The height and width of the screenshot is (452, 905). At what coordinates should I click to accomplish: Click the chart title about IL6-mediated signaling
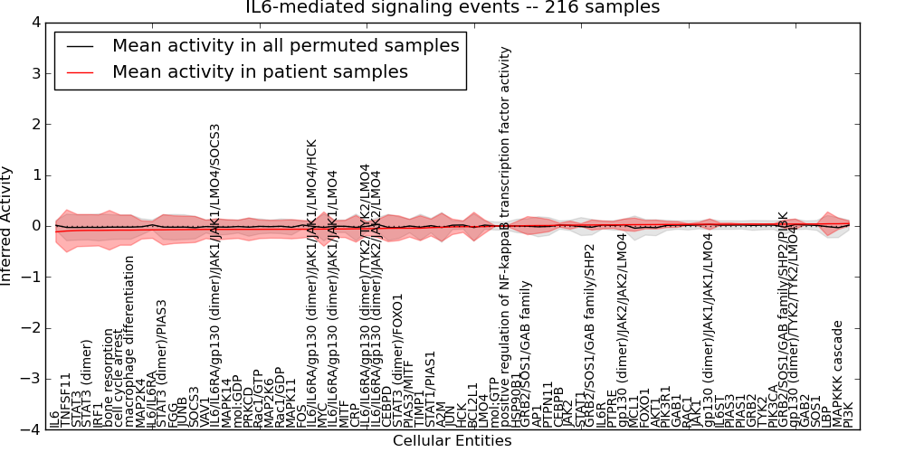point(452,8)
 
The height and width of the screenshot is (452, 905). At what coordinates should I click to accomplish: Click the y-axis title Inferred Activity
point(8,225)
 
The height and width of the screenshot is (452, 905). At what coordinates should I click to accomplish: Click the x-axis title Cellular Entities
point(452,441)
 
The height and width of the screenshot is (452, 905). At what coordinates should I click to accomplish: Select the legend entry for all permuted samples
point(285,45)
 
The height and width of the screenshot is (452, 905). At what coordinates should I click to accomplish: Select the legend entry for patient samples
point(260,71)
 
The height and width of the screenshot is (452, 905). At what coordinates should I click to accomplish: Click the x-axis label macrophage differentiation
point(130,342)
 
